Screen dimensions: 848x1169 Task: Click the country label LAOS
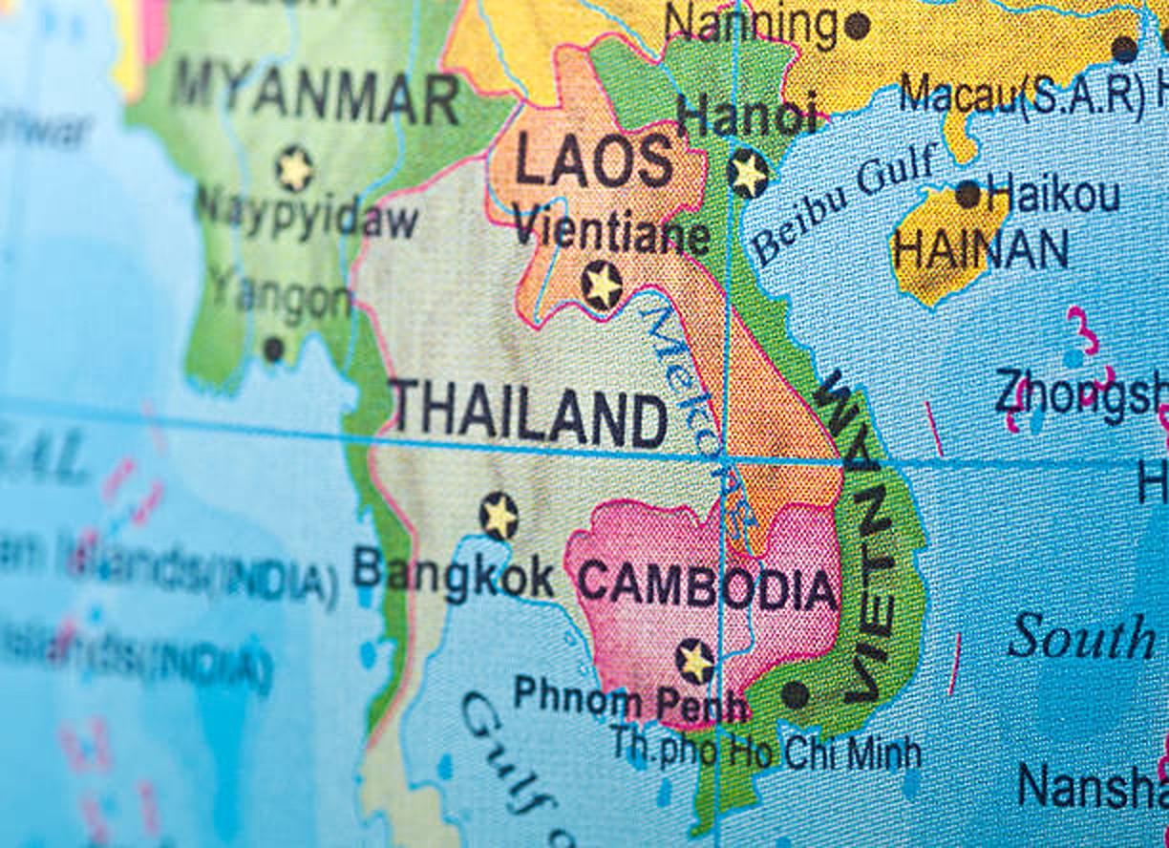click(594, 160)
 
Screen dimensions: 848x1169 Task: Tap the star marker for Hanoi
click(748, 174)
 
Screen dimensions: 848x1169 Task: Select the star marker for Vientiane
click(602, 286)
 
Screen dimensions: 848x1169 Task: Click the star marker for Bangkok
click(499, 517)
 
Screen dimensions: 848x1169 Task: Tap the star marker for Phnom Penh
click(694, 662)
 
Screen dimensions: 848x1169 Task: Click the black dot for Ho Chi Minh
click(795, 694)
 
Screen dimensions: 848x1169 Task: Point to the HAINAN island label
click(981, 250)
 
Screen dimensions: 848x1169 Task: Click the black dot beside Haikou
click(967, 195)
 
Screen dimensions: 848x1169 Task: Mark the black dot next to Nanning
click(857, 25)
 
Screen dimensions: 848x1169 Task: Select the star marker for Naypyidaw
click(294, 169)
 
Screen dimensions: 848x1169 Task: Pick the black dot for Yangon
click(273, 350)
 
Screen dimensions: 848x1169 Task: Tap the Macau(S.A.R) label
click(1022, 94)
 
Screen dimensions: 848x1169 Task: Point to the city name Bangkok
click(453, 576)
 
